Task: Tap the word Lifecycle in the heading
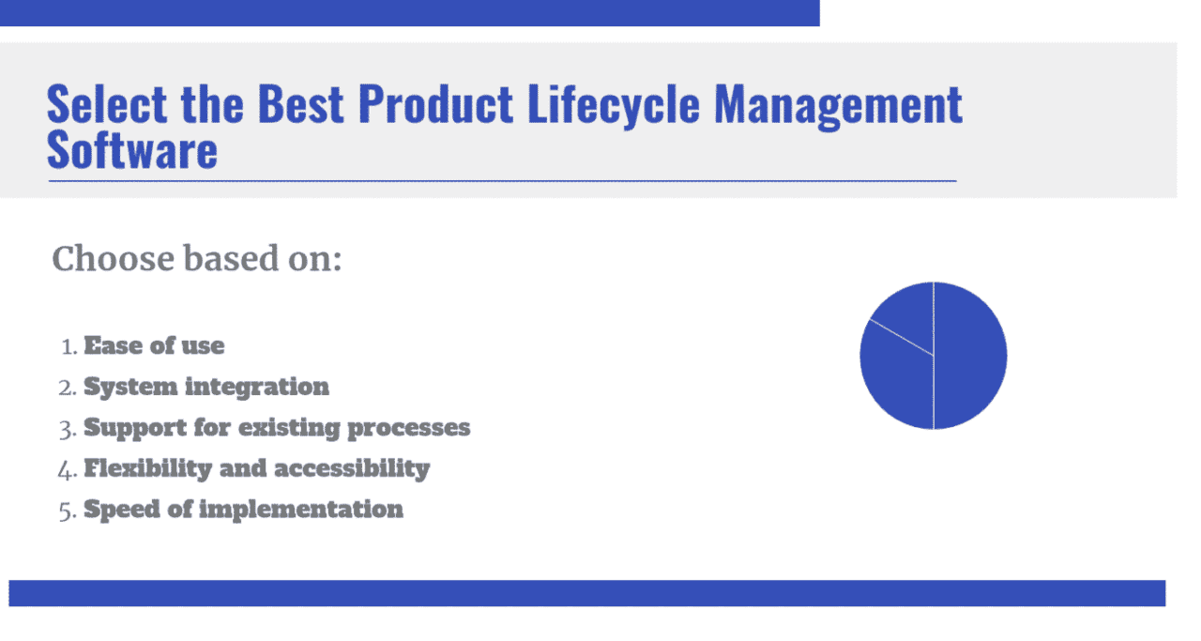(x=613, y=104)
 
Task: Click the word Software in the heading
(x=132, y=149)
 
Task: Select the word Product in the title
(x=435, y=104)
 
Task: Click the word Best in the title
(x=302, y=104)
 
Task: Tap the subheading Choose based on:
(x=197, y=259)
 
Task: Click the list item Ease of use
(x=154, y=345)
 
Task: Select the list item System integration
(x=206, y=386)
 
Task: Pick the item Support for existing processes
(x=277, y=427)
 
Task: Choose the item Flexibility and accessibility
(x=256, y=467)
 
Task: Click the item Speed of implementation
(x=243, y=509)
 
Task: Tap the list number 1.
(x=68, y=346)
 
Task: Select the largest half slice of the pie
(x=971, y=356)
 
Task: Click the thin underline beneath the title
(x=502, y=179)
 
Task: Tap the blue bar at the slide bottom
(x=586, y=593)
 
